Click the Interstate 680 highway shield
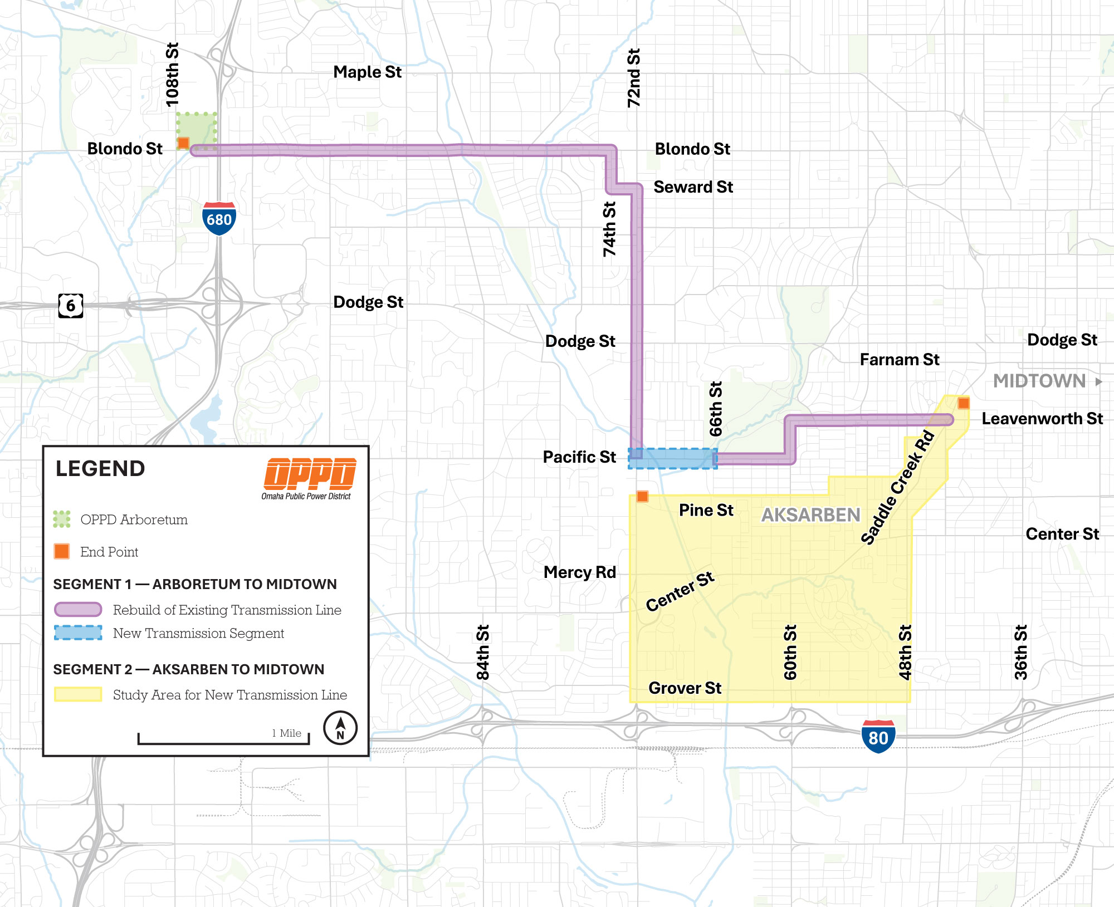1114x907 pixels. (x=219, y=218)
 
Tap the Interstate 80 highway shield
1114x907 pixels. (x=878, y=736)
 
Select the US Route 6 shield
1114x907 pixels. (x=71, y=305)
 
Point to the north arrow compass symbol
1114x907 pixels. (x=340, y=727)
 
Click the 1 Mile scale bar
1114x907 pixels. (x=223, y=739)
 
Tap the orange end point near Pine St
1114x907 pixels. (x=642, y=496)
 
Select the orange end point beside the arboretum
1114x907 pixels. (x=183, y=143)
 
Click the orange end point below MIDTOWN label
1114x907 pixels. (x=963, y=403)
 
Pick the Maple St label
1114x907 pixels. (x=367, y=72)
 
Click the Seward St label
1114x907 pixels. (x=693, y=187)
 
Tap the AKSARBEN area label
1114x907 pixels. (x=810, y=515)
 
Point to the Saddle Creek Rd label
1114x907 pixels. (x=897, y=488)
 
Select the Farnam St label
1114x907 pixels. (x=899, y=360)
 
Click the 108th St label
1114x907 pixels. (x=173, y=75)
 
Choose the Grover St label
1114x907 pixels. (x=685, y=688)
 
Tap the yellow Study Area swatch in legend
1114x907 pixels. (x=78, y=694)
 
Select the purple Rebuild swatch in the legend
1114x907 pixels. (x=78, y=610)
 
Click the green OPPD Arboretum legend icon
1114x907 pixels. (x=62, y=519)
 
